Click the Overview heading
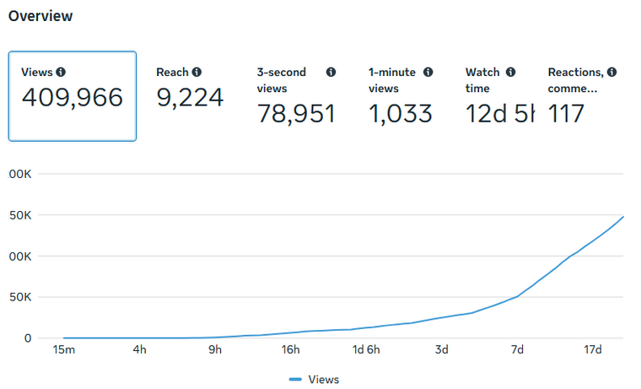[40, 16]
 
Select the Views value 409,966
[72, 98]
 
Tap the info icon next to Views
[61, 73]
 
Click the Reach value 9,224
[190, 98]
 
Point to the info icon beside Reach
[197, 73]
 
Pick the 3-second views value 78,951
[296, 113]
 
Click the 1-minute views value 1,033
[401, 113]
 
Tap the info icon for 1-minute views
[428, 73]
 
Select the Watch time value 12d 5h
[499, 113]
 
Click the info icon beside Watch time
[511, 73]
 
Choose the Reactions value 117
[566, 113]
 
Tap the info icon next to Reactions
[611, 73]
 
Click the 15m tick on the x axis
[63, 350]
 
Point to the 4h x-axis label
[140, 350]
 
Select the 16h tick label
[291, 350]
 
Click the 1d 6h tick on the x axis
[366, 350]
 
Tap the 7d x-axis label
[518, 350]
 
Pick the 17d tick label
[593, 350]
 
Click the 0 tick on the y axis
[27, 338]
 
